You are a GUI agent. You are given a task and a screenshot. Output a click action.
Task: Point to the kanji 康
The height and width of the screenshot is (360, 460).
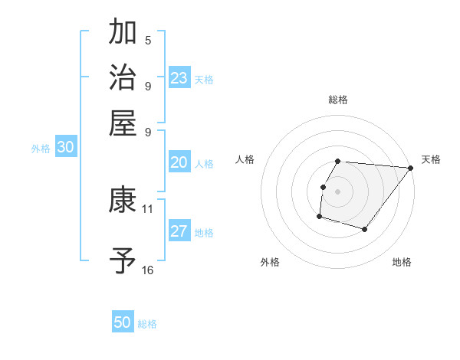(x=123, y=201)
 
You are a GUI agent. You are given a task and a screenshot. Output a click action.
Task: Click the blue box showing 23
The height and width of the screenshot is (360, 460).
(x=179, y=78)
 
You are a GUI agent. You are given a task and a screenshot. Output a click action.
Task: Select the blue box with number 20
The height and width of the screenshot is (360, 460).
(x=179, y=162)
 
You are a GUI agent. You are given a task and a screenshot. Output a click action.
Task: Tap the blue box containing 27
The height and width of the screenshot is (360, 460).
(x=179, y=232)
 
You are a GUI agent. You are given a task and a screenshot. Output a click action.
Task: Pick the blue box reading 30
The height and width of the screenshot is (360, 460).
(x=65, y=148)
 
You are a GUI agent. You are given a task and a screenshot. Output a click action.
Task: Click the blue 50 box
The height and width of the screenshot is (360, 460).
(x=123, y=322)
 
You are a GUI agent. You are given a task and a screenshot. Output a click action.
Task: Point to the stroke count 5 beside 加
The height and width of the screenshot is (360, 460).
(x=148, y=41)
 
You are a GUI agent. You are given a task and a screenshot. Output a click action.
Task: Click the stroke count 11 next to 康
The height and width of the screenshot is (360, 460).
(x=148, y=208)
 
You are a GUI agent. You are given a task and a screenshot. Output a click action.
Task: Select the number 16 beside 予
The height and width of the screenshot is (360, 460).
(x=148, y=270)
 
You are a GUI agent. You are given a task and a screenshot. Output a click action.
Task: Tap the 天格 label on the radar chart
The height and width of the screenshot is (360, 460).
(x=431, y=159)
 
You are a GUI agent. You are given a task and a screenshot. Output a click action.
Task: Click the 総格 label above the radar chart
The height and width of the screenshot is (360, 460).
(x=338, y=100)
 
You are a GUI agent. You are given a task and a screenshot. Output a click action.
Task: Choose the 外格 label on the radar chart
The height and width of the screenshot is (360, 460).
(x=270, y=262)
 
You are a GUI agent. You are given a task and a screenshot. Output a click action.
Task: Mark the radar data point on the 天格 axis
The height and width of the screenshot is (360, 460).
(x=410, y=168)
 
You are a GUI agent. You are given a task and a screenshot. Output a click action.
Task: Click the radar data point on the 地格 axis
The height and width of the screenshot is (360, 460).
(x=365, y=229)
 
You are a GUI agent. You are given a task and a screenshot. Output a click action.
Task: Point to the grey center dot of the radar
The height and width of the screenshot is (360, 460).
(x=338, y=191)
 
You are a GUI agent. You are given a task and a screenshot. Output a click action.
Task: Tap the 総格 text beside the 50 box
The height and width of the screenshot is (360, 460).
(x=148, y=324)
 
